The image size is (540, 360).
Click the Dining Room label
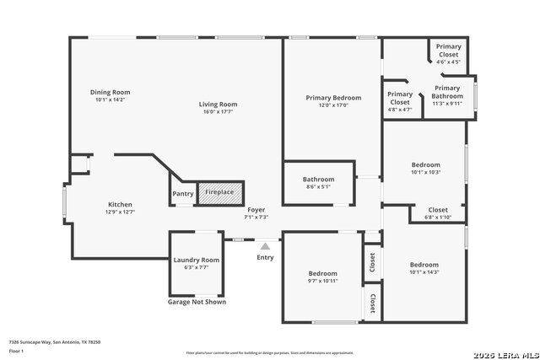point(111,92)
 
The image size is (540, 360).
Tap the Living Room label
point(218,105)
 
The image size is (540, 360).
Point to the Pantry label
point(183,194)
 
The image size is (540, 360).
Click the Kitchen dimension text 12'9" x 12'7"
point(119,212)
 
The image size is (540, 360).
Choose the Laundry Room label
point(196,260)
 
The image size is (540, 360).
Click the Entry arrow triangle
point(264,245)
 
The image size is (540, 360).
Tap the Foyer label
point(256,209)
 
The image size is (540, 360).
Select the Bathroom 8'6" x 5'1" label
point(319,179)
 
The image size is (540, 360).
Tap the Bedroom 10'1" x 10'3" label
point(425,164)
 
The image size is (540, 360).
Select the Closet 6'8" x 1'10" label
point(438,210)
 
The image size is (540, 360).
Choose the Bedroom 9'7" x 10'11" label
point(322,273)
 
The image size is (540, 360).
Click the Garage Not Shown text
point(197,302)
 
